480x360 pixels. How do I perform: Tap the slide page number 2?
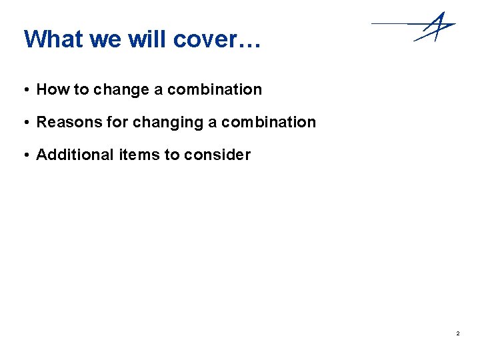coord(459,333)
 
